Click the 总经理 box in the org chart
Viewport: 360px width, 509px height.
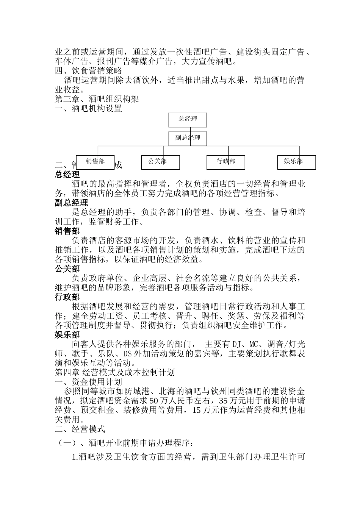click(x=188, y=120)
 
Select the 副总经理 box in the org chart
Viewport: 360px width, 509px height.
click(x=188, y=138)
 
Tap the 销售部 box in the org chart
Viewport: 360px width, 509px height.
click(x=95, y=162)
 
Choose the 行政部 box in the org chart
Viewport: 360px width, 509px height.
click(x=226, y=162)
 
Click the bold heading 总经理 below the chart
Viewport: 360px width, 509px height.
click(x=67, y=175)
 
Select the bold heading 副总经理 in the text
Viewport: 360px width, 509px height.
click(x=72, y=203)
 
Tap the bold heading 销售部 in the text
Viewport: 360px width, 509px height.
click(x=67, y=231)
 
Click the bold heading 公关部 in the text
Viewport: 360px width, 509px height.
click(x=67, y=269)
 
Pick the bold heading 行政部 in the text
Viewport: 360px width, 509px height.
click(x=67, y=297)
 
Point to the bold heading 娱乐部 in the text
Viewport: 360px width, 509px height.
click(x=67, y=335)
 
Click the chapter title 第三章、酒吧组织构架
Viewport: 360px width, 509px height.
click(x=97, y=99)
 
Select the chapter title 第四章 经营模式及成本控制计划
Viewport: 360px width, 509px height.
click(x=115, y=373)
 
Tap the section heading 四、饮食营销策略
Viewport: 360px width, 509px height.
click(x=89, y=71)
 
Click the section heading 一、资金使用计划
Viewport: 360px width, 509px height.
click(x=89, y=382)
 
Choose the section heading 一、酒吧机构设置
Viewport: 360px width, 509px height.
click(x=89, y=109)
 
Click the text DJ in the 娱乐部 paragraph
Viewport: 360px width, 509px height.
click(x=236, y=344)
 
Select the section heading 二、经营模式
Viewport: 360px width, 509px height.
click(x=80, y=429)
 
